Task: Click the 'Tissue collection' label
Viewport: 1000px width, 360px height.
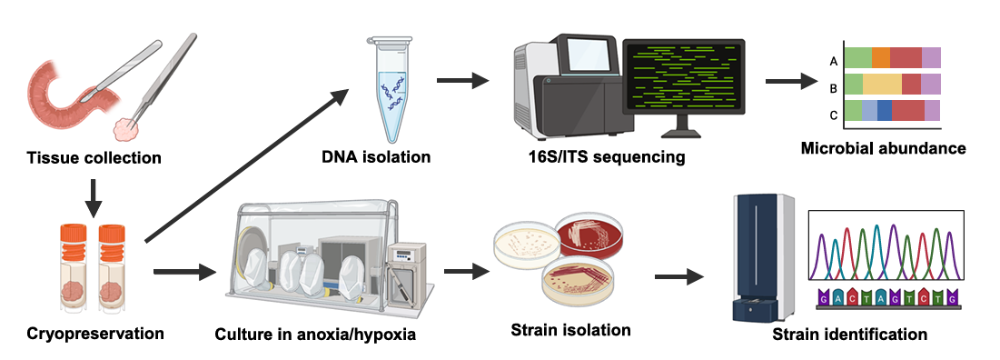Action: click(94, 157)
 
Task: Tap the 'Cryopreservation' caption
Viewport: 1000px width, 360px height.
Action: click(95, 333)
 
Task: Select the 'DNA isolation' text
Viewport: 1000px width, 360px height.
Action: click(376, 156)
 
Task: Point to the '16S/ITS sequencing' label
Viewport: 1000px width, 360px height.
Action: click(601, 156)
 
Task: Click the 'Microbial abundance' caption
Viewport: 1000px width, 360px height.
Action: click(883, 149)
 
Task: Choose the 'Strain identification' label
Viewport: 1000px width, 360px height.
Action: click(850, 334)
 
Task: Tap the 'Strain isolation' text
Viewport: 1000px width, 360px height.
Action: click(571, 330)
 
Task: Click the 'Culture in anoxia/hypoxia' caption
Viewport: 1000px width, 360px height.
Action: click(316, 334)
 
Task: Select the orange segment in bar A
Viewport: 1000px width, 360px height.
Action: click(881, 57)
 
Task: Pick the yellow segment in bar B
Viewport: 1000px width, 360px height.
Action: click(882, 84)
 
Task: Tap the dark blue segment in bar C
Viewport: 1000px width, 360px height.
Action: click(885, 110)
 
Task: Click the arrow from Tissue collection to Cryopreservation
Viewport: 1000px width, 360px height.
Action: click(93, 199)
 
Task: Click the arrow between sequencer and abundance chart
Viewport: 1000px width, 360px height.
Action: click(791, 81)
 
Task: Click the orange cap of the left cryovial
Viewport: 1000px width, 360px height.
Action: click(73, 233)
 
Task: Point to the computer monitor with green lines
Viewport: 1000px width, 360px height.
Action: click(683, 77)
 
